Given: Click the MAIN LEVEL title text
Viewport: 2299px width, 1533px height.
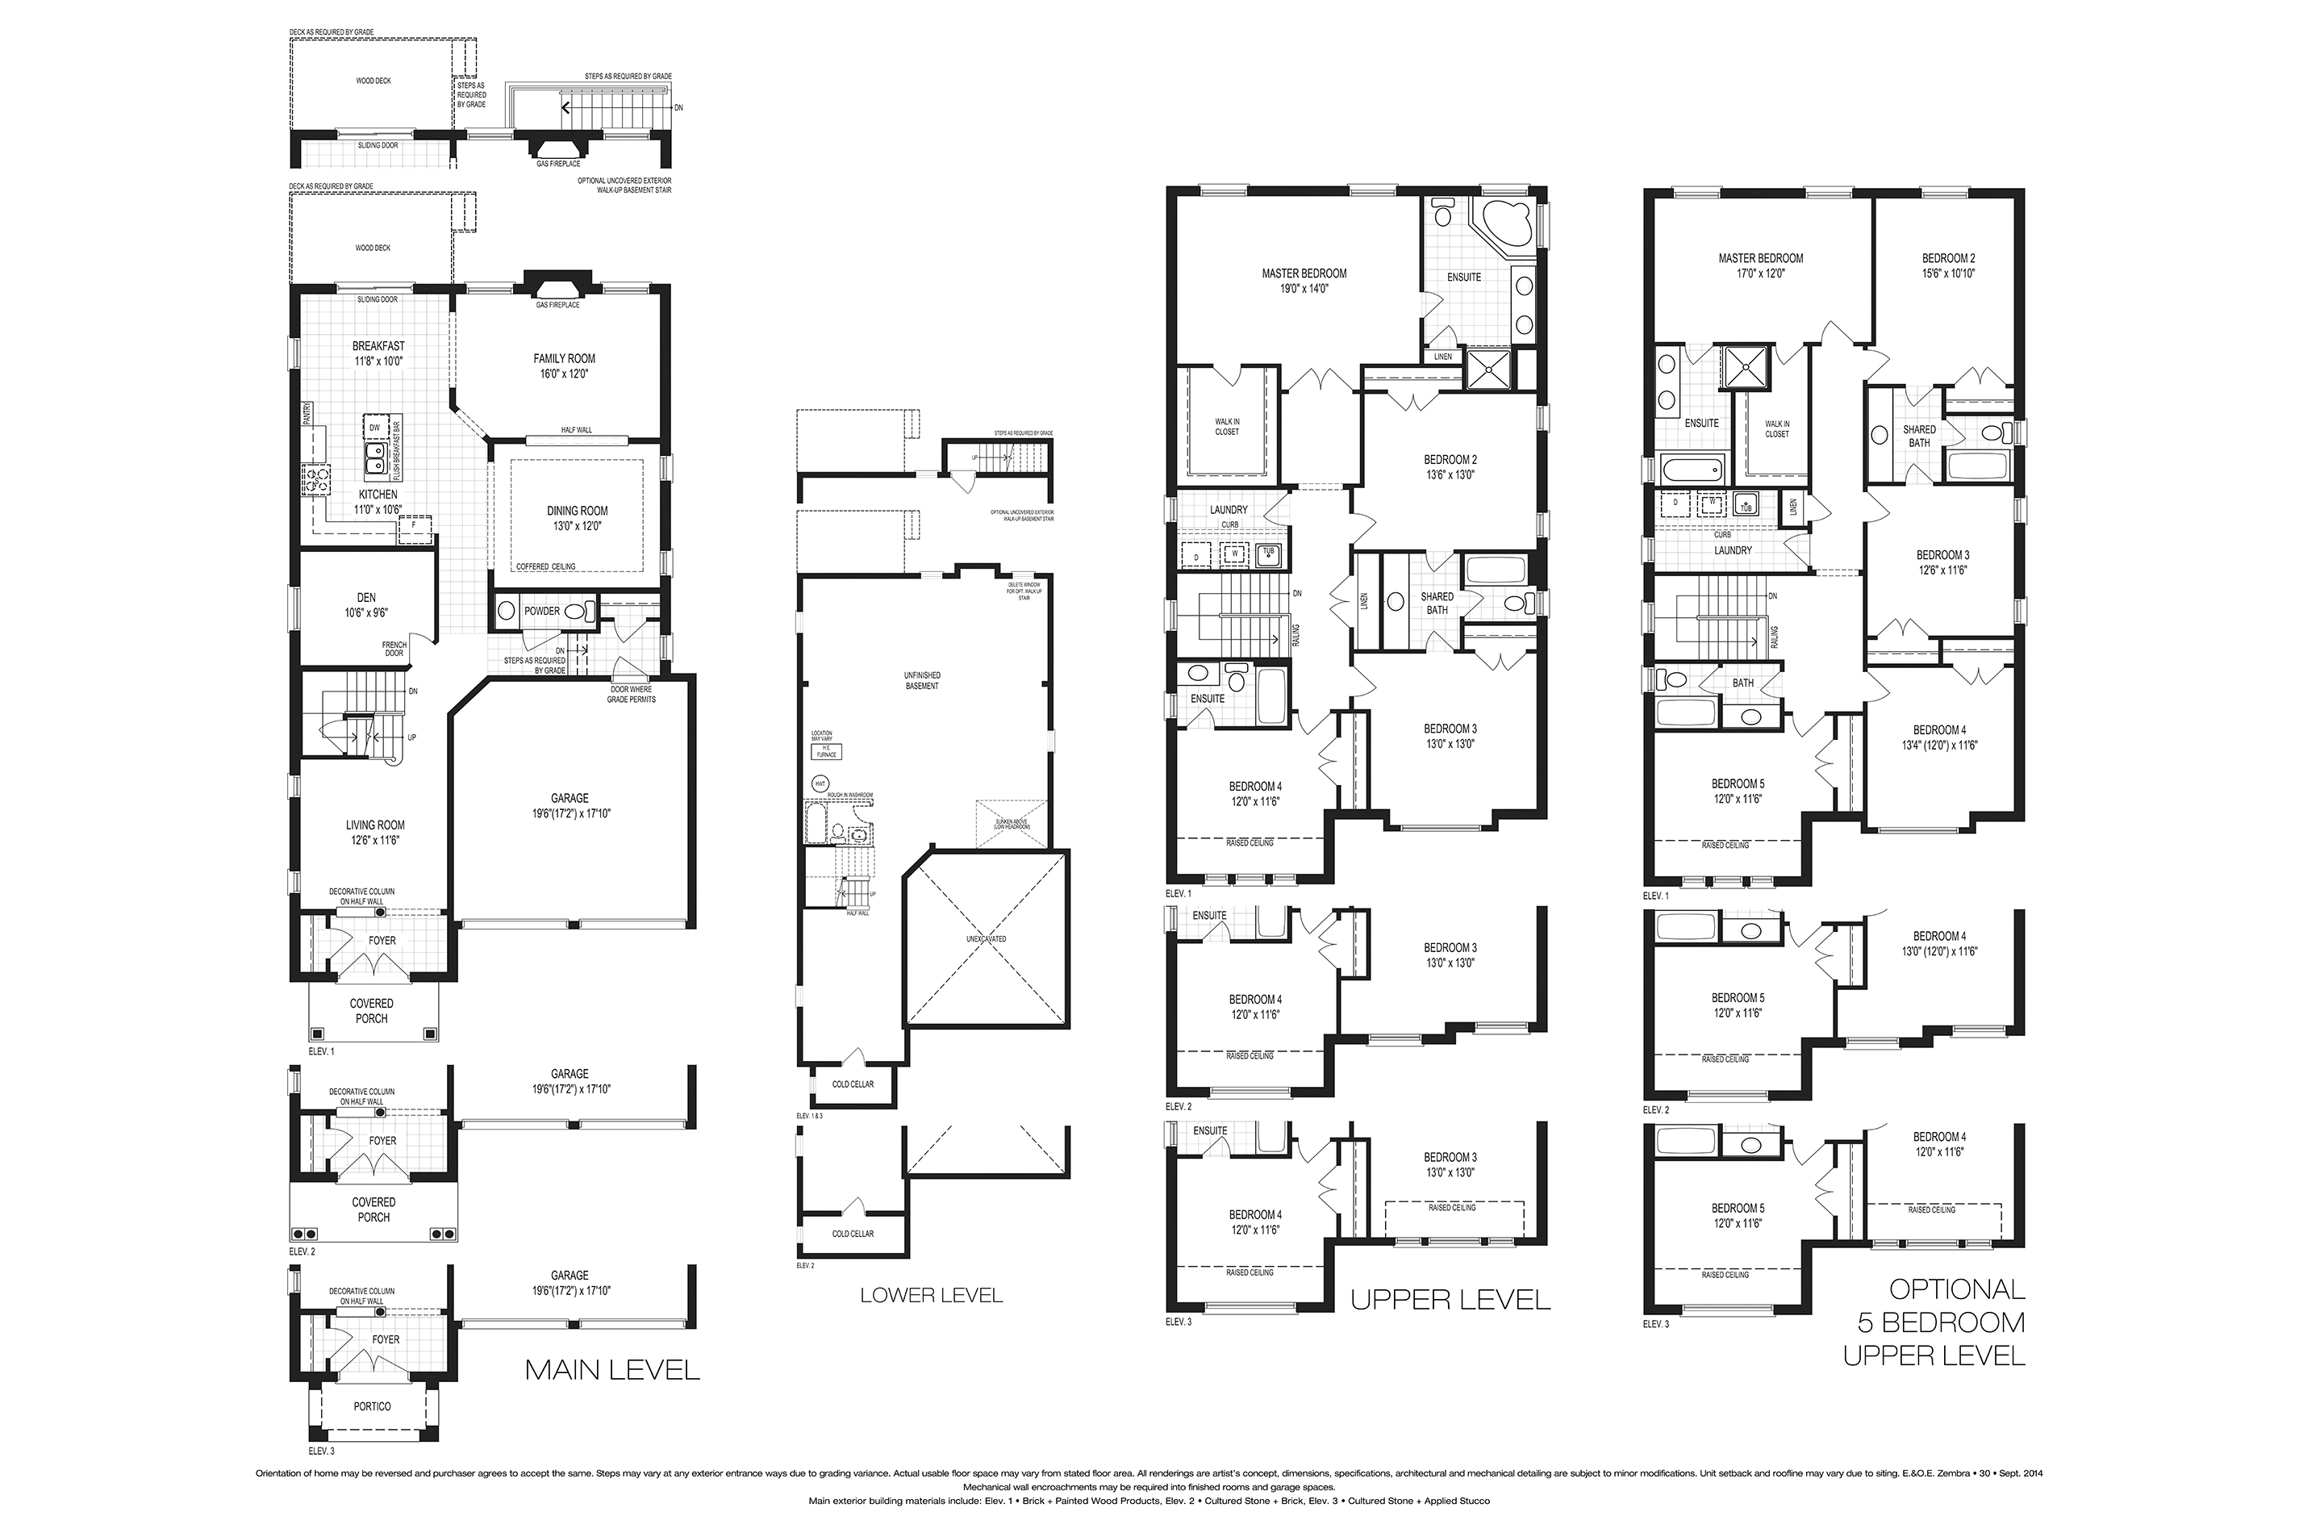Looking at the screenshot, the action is pyautogui.click(x=612, y=1370).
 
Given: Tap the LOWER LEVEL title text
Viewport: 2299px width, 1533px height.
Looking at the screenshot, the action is pyautogui.click(x=931, y=1296).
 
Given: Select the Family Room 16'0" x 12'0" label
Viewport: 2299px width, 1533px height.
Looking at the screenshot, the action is pyautogui.click(x=564, y=365).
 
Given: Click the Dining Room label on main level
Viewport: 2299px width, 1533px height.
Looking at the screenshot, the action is pyautogui.click(x=577, y=517).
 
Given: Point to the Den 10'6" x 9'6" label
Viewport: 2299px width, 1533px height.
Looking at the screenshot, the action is pyautogui.click(x=365, y=604).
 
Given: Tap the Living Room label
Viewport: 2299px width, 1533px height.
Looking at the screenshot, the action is pyautogui.click(x=374, y=832).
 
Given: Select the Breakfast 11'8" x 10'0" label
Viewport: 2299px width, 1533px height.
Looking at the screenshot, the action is pyautogui.click(x=378, y=353).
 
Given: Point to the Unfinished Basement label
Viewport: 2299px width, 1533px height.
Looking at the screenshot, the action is pyautogui.click(x=922, y=680).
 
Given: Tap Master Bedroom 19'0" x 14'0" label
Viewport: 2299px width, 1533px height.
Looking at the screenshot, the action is pyautogui.click(x=1304, y=281).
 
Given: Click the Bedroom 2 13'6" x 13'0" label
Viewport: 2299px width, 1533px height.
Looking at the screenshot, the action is pyautogui.click(x=1450, y=466).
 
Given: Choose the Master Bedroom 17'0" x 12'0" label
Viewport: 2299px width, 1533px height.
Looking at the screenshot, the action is pyautogui.click(x=1760, y=265).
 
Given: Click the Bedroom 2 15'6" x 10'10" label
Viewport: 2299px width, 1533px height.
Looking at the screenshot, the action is pyautogui.click(x=1948, y=265).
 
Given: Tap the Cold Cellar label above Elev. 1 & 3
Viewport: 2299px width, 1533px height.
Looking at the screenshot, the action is pyautogui.click(x=853, y=1084).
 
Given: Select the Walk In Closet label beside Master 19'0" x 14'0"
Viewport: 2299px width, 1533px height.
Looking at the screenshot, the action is pyautogui.click(x=1227, y=426).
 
